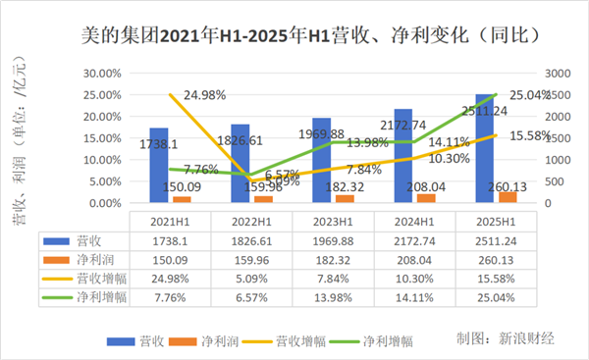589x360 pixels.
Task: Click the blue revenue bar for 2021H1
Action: [x=159, y=166]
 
